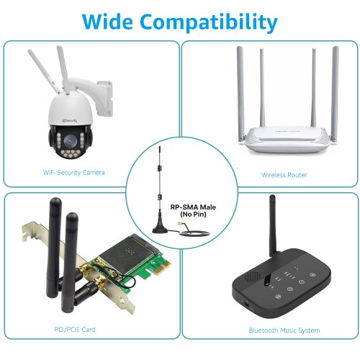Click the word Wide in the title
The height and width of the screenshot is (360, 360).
(107, 22)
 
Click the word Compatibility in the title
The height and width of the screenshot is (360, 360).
(209, 23)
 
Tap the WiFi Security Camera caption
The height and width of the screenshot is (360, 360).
(73, 173)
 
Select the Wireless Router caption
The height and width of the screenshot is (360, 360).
(284, 175)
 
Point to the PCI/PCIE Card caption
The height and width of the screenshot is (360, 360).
(75, 329)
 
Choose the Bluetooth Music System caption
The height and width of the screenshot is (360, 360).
(284, 330)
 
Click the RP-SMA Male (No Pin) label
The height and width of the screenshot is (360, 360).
(193, 210)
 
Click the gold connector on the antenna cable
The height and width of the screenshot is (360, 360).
(180, 225)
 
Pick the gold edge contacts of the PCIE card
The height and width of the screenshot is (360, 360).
(162, 268)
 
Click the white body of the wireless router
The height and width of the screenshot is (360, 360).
(288, 140)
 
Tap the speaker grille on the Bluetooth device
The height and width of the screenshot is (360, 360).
(252, 276)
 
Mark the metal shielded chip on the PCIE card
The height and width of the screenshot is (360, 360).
(130, 255)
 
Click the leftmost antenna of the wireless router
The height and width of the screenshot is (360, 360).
(240, 94)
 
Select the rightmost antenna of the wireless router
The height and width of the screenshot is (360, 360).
(335, 94)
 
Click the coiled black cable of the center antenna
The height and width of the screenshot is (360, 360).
(194, 233)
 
